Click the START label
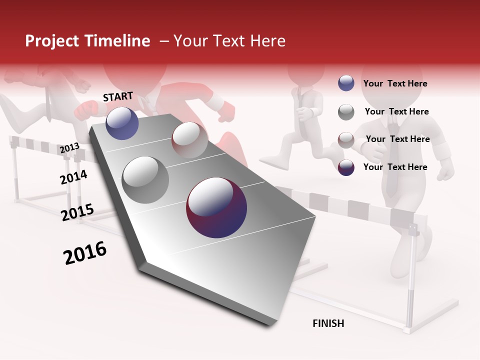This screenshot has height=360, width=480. click(118, 96)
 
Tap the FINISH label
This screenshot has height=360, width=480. click(328, 323)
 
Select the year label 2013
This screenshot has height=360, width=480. click(69, 148)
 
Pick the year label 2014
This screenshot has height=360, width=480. click(73, 177)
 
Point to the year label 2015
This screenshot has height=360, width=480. click(77, 212)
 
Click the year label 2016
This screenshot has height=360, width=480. click(85, 253)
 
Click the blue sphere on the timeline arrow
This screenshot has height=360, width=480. click(122, 123)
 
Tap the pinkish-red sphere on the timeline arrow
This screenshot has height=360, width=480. click(189, 139)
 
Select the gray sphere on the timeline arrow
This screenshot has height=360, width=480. click(145, 179)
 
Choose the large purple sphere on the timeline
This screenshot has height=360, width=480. click(216, 207)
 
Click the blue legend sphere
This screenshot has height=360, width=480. click(346, 83)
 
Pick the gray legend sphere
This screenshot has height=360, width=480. click(346, 112)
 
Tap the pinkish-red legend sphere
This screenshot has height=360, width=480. click(346, 139)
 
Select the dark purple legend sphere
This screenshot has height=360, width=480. click(346, 167)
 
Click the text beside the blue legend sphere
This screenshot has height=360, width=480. click(395, 83)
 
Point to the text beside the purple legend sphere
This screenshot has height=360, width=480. click(395, 167)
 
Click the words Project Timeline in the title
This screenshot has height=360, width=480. click(87, 41)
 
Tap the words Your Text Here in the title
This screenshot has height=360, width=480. click(229, 41)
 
